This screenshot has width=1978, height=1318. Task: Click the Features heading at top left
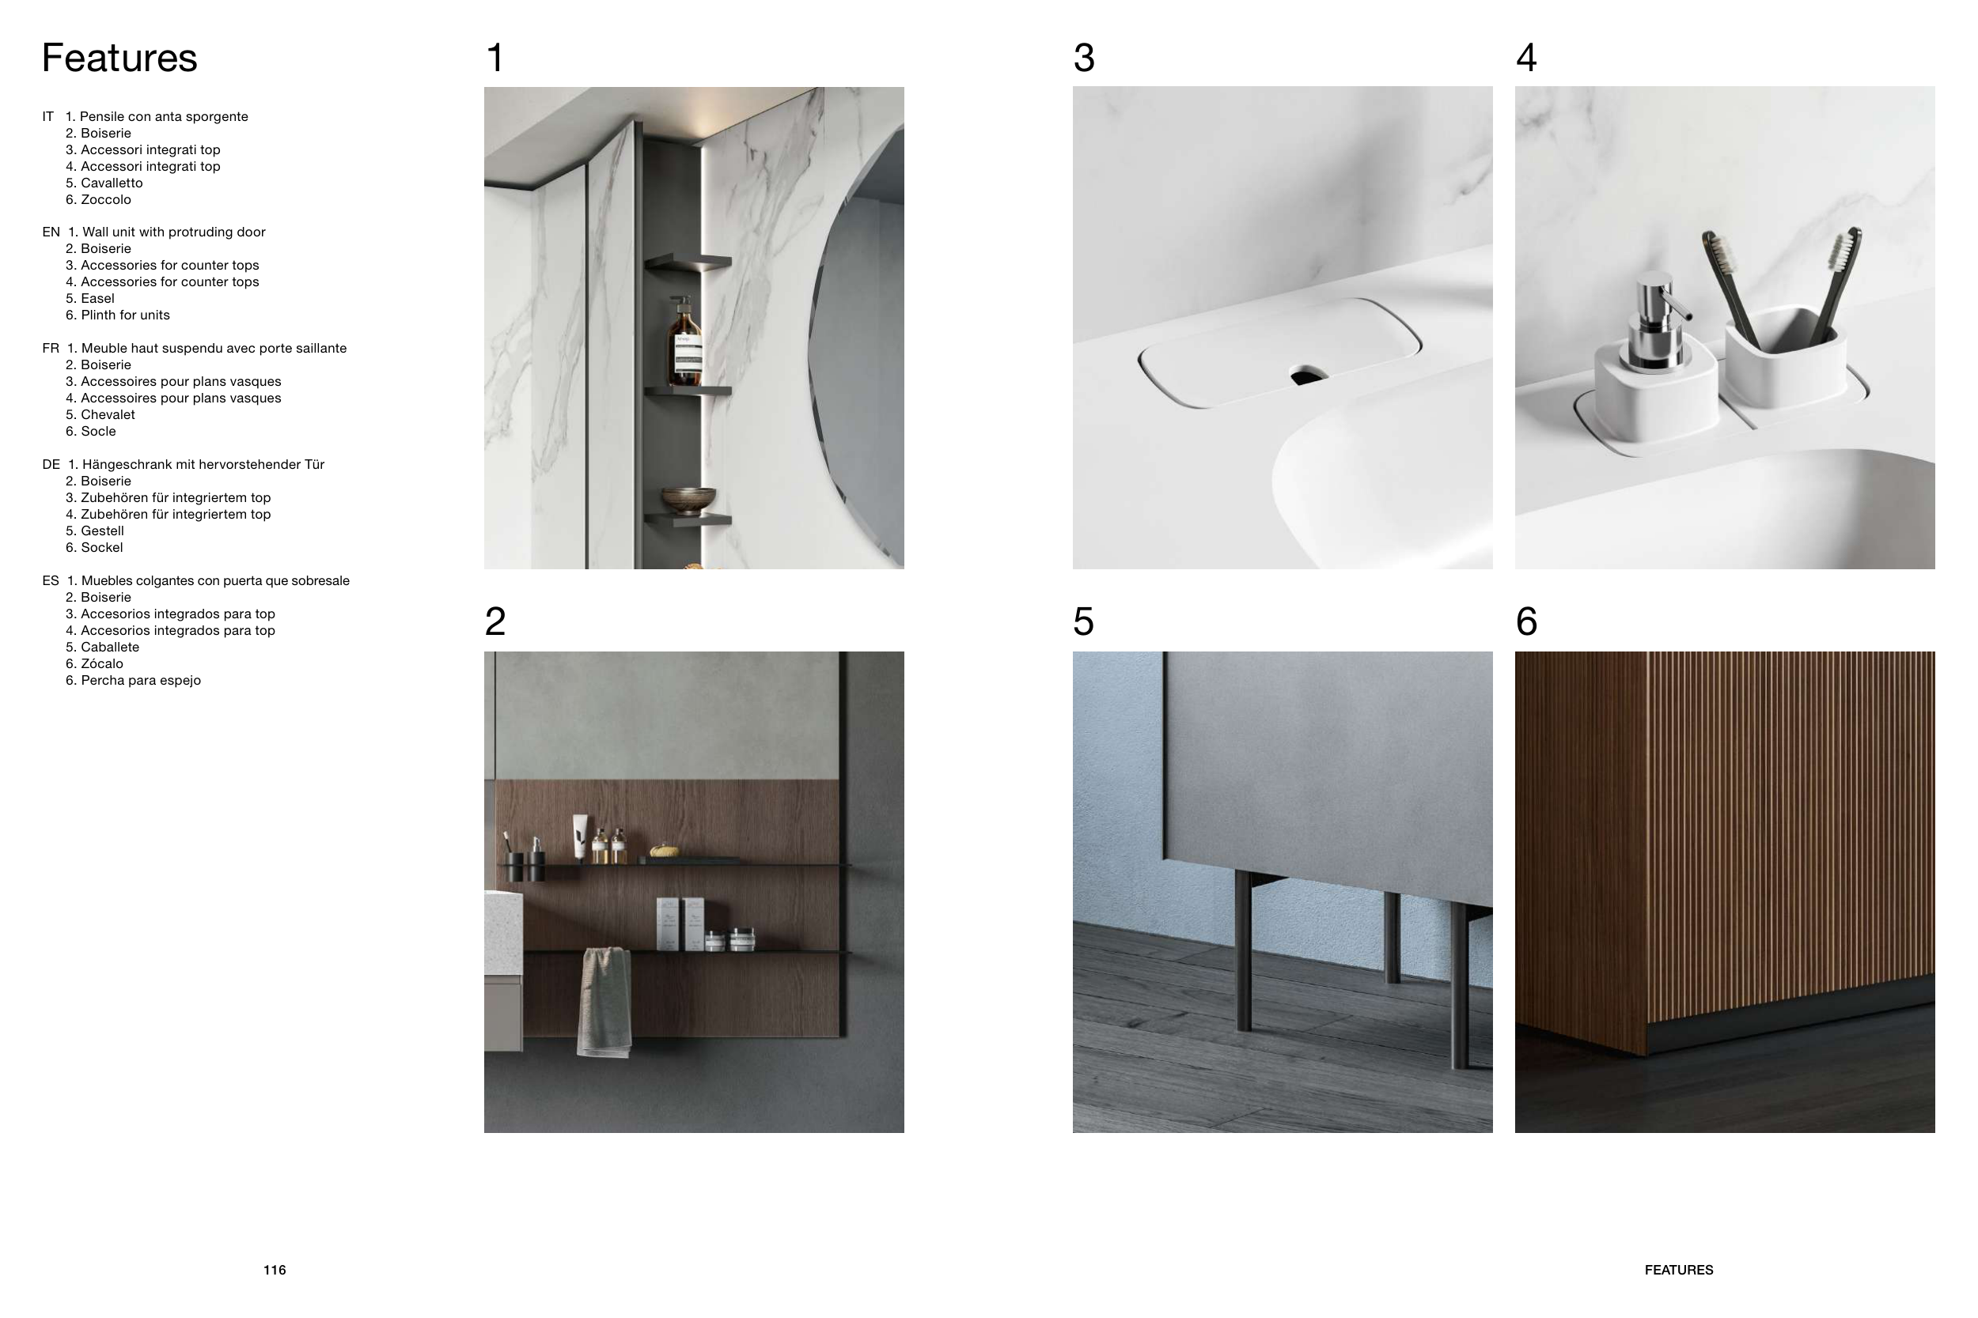pyautogui.click(x=119, y=58)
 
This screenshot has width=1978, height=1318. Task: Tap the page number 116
pyautogui.click(x=275, y=1270)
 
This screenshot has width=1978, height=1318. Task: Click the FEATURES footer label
pyautogui.click(x=1679, y=1270)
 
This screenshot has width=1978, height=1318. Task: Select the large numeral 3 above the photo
pyautogui.click(x=1084, y=58)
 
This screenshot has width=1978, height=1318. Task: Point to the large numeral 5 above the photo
pyautogui.click(x=1083, y=622)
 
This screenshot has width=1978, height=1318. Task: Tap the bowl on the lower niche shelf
pyautogui.click(x=688, y=501)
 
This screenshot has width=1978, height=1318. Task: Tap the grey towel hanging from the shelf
pyautogui.click(x=604, y=1001)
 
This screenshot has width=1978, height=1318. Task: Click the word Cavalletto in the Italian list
pyautogui.click(x=112, y=183)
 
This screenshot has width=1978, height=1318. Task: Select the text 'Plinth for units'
pyautogui.click(x=125, y=315)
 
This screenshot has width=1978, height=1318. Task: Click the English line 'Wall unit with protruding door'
pyautogui.click(x=174, y=232)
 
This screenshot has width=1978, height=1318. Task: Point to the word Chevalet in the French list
pyautogui.click(x=108, y=414)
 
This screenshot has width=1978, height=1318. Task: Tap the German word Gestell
pyautogui.click(x=103, y=531)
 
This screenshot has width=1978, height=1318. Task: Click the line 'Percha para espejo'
pyautogui.click(x=141, y=681)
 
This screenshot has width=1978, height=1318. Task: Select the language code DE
pyautogui.click(x=51, y=465)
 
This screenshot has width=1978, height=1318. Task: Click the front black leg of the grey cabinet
pyautogui.click(x=1243, y=950)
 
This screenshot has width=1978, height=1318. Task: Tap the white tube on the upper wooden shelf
pyautogui.click(x=580, y=837)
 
